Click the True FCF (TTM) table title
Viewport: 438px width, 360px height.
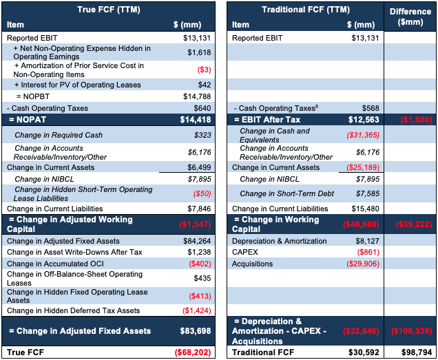109,10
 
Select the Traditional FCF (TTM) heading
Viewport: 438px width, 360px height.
306,10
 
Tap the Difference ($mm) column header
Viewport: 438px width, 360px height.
410,17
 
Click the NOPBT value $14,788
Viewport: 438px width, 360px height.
197,96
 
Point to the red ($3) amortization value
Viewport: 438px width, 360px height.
205,70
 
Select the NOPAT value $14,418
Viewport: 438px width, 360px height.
196,120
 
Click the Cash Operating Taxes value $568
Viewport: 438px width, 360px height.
371,108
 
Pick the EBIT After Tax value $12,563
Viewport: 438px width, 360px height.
364,120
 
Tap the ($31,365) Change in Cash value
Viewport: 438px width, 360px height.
363,136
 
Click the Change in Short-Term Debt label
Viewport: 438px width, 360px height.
287,194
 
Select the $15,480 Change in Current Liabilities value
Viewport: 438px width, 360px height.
366,209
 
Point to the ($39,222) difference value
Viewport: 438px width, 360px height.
414,224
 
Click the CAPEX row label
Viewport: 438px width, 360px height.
245,252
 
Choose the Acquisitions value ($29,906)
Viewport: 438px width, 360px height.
363,264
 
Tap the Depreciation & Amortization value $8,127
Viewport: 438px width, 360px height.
367,241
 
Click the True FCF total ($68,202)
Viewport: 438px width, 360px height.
193,352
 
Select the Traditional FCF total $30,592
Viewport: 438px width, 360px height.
364,352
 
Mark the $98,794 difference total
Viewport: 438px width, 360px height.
417,352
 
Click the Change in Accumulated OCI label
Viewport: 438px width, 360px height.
55,264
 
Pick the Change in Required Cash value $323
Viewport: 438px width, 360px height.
202,135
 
